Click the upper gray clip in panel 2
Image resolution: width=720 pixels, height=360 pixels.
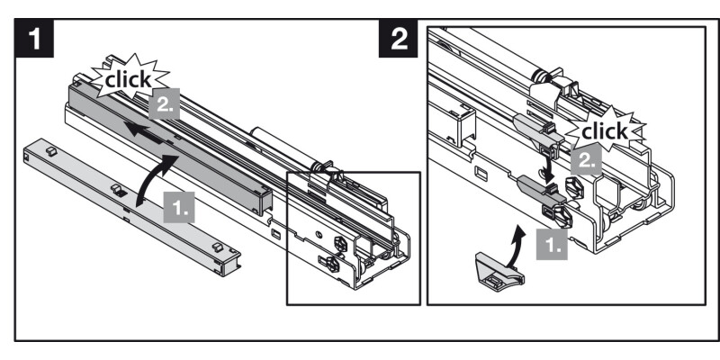click(538, 136)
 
